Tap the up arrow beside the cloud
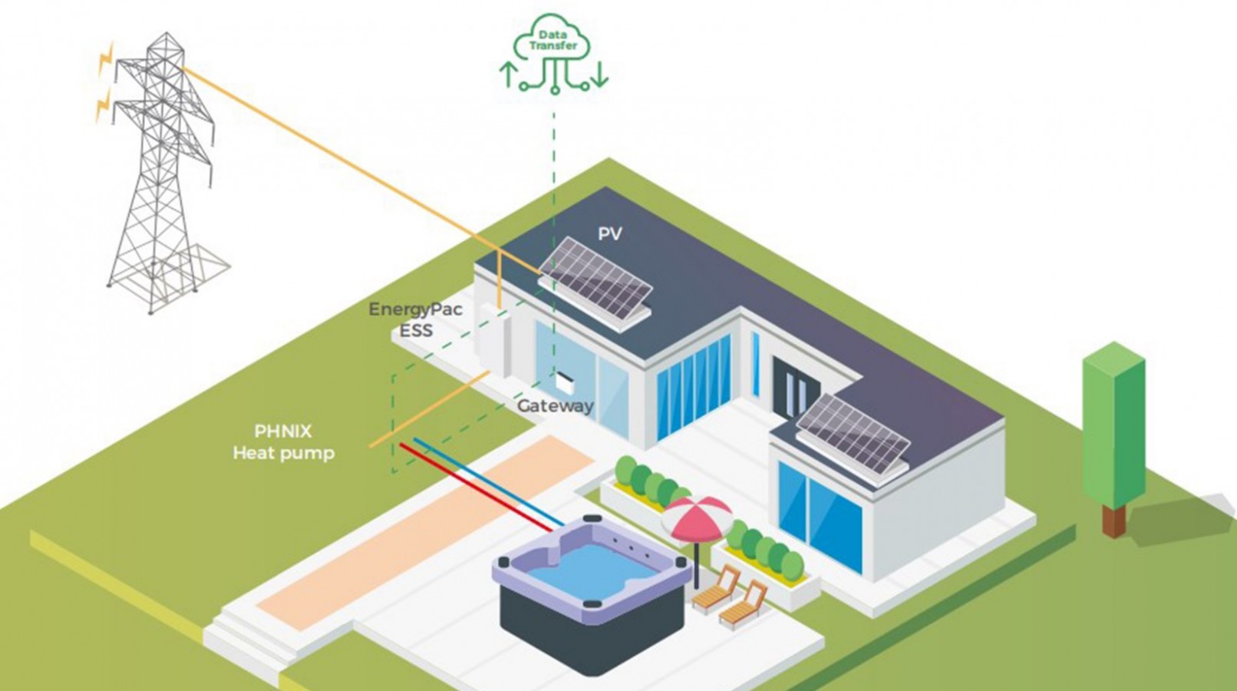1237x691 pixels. tap(507, 74)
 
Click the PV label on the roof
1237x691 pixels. tap(609, 233)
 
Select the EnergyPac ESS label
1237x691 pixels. tap(415, 319)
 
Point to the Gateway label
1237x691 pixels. tap(555, 406)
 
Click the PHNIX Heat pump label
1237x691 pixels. tap(283, 442)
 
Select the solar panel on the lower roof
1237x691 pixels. tap(853, 435)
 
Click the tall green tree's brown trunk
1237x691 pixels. tap(1113, 520)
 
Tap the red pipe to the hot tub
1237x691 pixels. tap(476, 488)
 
